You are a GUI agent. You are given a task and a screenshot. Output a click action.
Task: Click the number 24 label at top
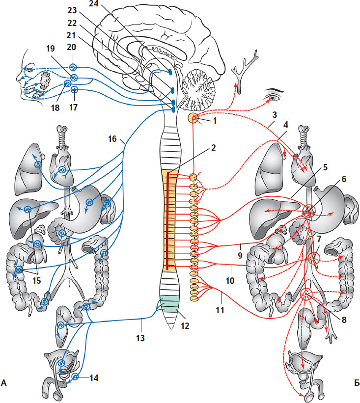tap(93, 5)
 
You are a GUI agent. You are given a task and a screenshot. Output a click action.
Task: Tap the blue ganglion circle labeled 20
tap(73, 67)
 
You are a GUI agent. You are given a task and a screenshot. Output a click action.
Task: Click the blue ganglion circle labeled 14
tap(75, 377)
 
